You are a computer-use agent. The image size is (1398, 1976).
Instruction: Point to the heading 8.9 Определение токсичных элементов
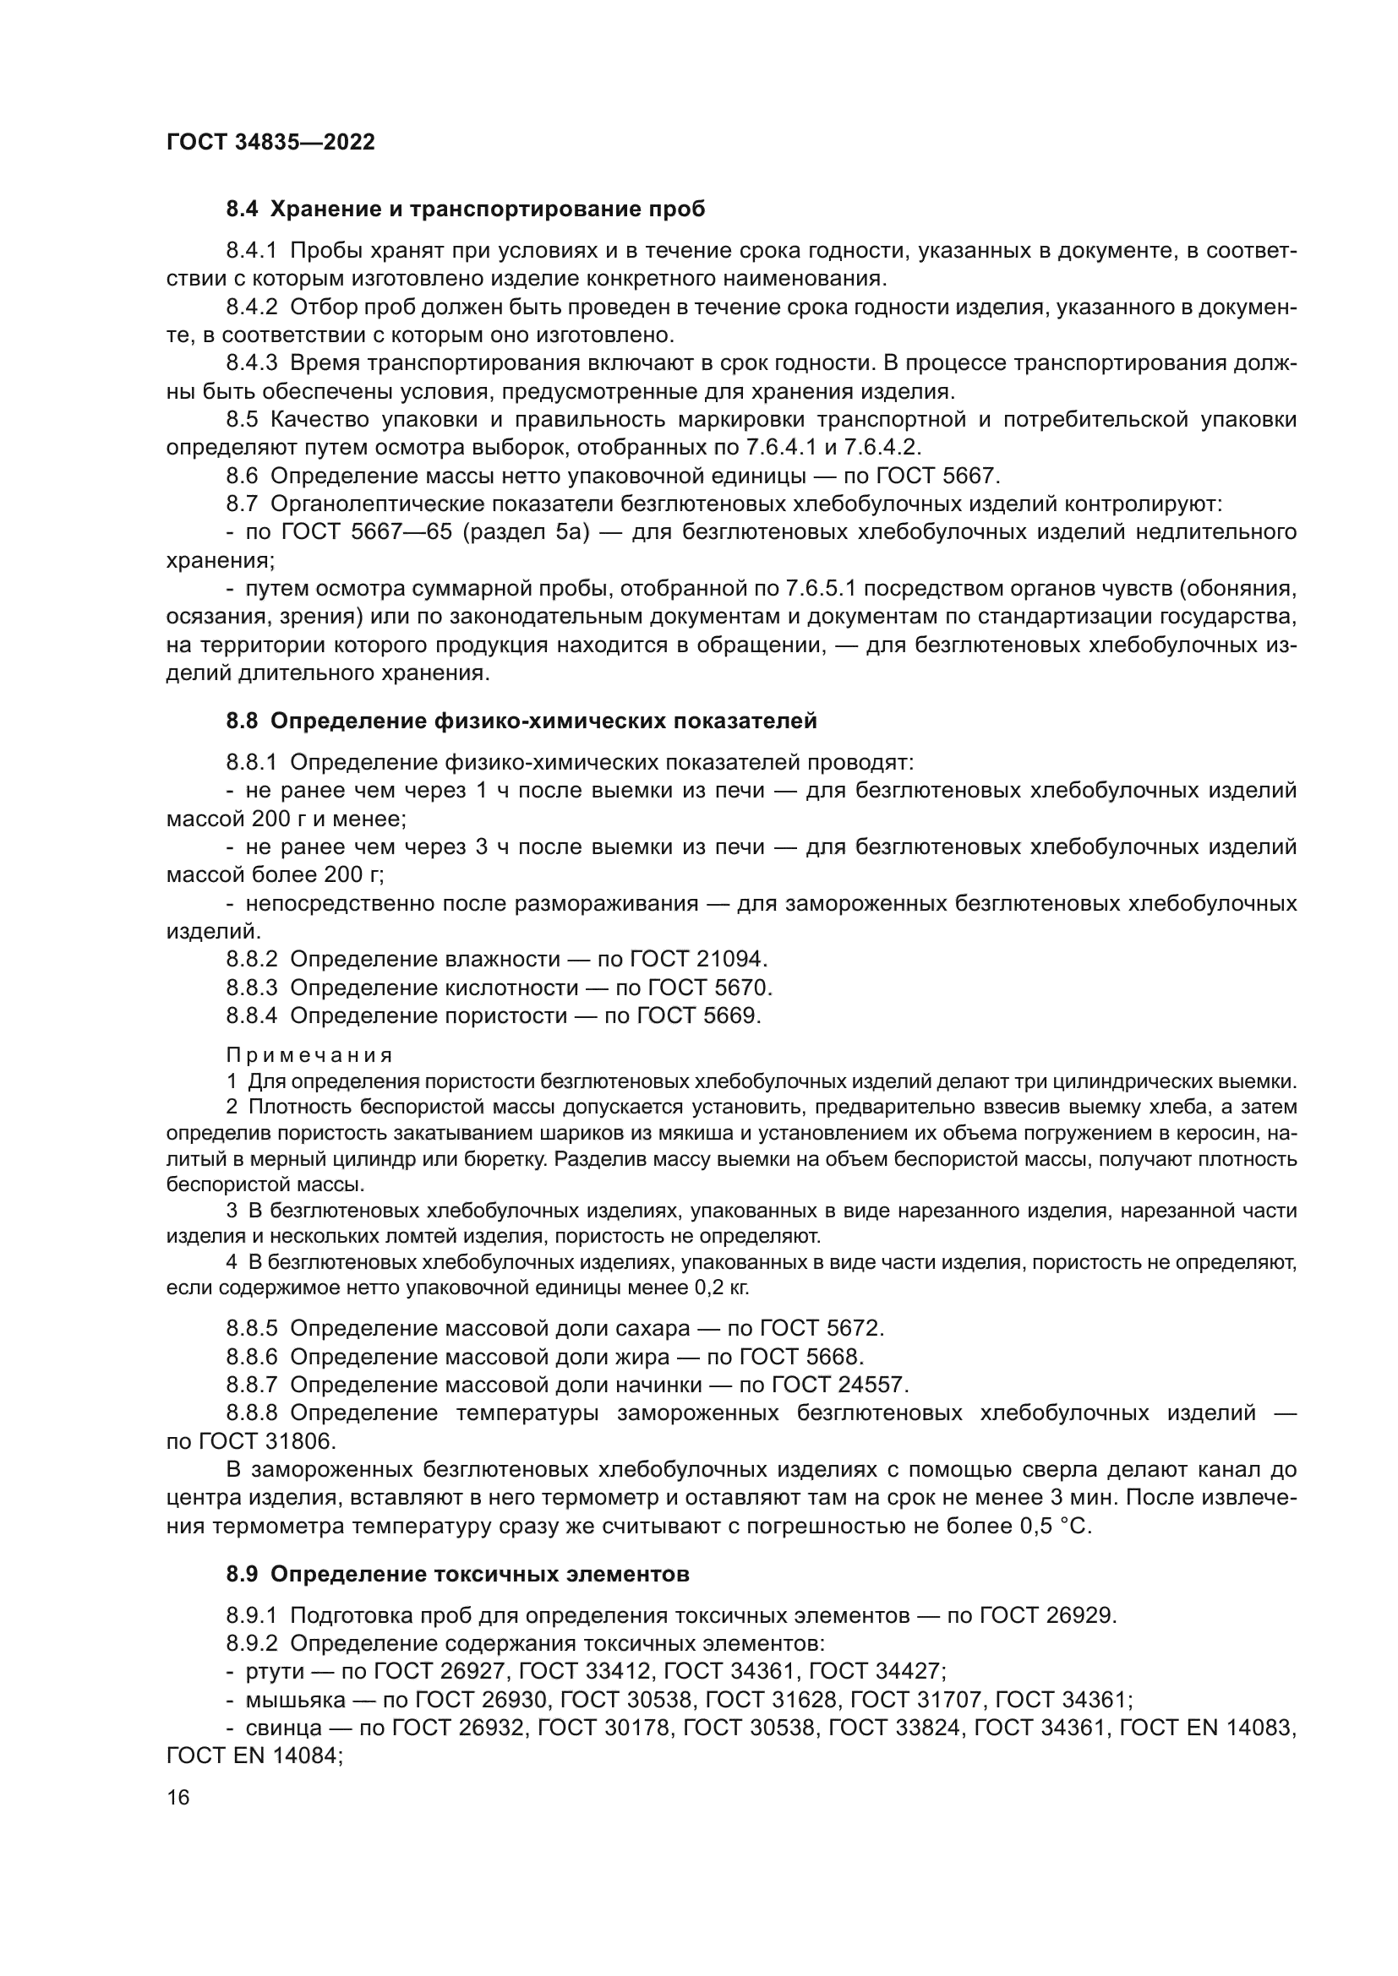[458, 1575]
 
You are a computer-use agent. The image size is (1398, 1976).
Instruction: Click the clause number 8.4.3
[251, 364]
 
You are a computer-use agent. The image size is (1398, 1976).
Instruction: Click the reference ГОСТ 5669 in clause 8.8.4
[698, 1016]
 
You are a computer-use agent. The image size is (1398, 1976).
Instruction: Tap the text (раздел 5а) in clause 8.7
[526, 533]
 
